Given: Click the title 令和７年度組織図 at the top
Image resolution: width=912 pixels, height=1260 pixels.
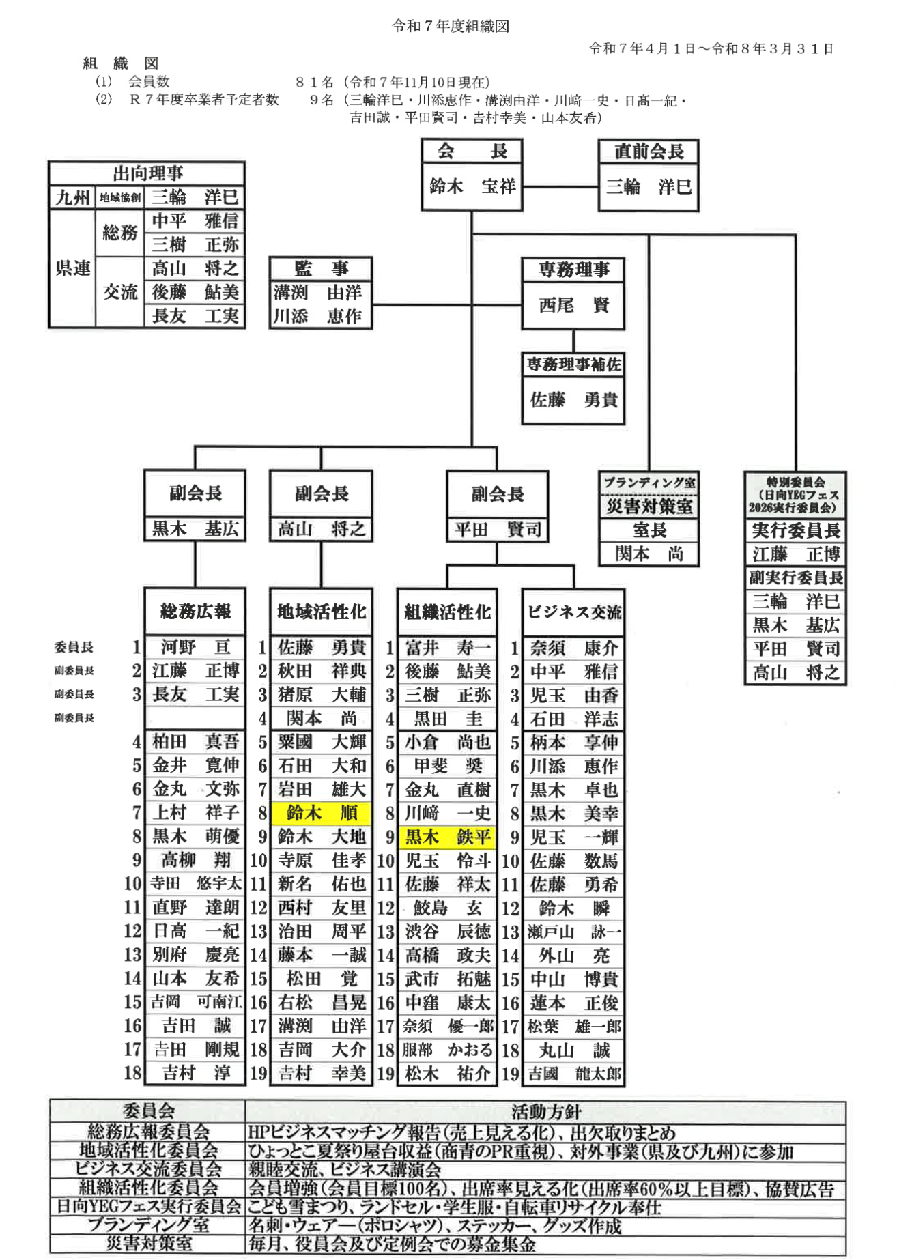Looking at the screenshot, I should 450,26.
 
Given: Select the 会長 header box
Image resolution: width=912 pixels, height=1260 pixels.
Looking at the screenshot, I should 472,151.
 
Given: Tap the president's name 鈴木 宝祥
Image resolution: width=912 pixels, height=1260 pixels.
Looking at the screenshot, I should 472,186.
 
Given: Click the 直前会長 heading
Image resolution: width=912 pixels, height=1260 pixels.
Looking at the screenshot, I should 648,151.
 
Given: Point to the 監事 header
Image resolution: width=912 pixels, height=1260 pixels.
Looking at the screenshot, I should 320,268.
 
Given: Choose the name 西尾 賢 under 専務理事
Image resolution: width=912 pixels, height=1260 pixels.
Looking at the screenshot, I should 573,304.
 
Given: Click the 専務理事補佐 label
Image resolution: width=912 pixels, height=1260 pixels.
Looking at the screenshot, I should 573,364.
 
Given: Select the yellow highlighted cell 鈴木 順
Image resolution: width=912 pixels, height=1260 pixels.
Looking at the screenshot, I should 321,813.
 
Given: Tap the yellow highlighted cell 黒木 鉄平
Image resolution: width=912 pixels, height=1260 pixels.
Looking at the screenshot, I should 447,837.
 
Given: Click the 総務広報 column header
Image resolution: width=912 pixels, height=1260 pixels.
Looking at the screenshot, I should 195,611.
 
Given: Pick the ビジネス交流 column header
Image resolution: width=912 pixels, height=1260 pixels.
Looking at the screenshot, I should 573,612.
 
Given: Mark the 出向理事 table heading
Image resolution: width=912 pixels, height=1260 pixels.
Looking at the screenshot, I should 147,173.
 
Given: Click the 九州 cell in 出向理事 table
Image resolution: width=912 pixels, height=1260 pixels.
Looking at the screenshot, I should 72,197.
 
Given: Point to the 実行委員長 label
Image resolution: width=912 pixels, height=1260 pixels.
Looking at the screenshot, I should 795,530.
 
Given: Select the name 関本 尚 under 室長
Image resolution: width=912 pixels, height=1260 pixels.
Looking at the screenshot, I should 649,554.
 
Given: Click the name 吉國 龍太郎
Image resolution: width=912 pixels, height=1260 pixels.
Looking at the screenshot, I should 574,1074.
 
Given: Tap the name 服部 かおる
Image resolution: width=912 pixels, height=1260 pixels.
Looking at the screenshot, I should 447,1050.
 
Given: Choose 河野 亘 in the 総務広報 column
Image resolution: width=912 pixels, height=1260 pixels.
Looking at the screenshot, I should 195,646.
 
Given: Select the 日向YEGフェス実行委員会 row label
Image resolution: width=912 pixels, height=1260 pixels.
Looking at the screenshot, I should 148,1206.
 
